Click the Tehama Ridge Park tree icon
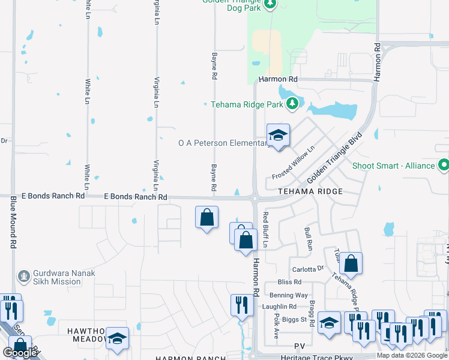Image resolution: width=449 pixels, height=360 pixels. [x=292, y=104]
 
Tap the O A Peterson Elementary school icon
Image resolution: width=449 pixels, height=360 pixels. [x=278, y=136]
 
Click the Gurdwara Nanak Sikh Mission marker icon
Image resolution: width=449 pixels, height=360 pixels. [x=23, y=277]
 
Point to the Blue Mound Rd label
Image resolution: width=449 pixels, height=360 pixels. [x=13, y=227]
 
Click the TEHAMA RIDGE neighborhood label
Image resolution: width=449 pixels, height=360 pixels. [x=310, y=191]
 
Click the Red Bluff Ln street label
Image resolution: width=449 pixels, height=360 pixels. [x=265, y=229]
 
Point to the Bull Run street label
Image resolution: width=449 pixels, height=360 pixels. [x=309, y=238]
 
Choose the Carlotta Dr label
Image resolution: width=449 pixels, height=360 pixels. [x=307, y=269]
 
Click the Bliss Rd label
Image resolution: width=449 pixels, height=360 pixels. [x=289, y=282]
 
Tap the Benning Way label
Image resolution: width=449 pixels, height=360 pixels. [x=289, y=295]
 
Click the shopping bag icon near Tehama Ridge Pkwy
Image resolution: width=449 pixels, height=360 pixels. [x=351, y=263]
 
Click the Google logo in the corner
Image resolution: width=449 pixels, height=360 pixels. [x=20, y=353]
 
